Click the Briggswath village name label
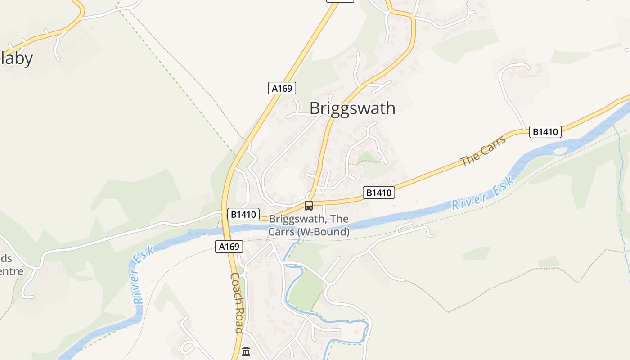point(352,108)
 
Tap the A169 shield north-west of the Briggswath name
point(282,88)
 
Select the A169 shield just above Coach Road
point(229,247)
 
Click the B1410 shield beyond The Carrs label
point(545,132)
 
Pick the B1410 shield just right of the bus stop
point(378,193)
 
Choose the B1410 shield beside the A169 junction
point(243,215)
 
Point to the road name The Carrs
point(483,151)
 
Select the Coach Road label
point(237,302)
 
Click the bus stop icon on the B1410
point(308,206)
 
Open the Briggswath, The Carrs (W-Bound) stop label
point(309,225)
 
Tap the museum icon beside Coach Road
point(246,351)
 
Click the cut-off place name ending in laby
point(17,58)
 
